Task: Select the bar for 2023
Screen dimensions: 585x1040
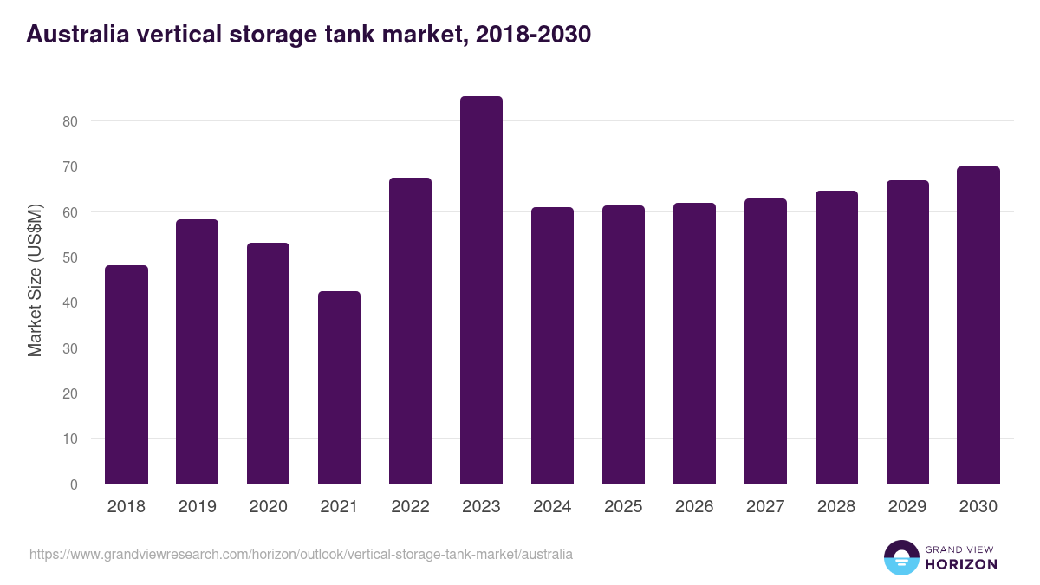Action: (481, 290)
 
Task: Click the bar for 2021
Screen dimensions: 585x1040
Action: (339, 387)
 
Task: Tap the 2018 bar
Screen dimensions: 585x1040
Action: (127, 374)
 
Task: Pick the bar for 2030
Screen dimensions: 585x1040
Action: (978, 325)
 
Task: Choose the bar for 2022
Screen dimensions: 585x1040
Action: (410, 331)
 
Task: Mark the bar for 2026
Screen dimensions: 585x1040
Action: (694, 343)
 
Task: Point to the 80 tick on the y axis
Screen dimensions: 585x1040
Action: (70, 121)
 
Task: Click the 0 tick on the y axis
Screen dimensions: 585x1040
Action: (75, 484)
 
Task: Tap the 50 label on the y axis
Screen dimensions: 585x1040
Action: (70, 257)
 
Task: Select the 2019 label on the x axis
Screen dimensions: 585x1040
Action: (198, 507)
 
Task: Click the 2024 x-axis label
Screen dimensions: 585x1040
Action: (552, 507)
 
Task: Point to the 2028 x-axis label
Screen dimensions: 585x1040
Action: (836, 507)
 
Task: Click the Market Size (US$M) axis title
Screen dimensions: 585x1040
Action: (36, 281)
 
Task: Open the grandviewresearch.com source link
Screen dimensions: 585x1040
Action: (301, 554)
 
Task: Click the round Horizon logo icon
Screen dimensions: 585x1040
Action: (900, 558)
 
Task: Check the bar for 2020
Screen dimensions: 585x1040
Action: (268, 363)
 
